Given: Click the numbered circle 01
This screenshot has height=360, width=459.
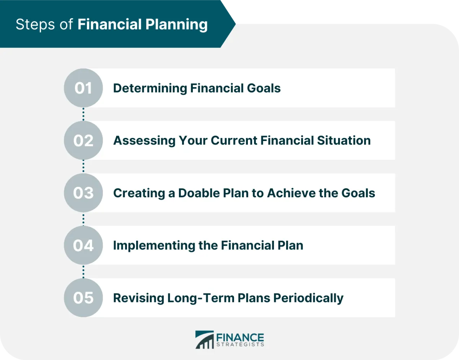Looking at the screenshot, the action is click(x=83, y=88).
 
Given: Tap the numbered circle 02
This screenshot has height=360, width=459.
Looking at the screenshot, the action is click(x=83, y=140).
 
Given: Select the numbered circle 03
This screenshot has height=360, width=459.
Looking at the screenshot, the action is click(x=83, y=193).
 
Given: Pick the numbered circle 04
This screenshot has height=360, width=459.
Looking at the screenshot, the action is click(x=83, y=245).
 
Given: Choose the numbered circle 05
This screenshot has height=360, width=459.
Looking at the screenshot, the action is click(x=83, y=298).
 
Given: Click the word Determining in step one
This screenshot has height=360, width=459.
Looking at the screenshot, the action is click(x=150, y=88).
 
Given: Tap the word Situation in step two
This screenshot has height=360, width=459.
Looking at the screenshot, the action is click(x=343, y=140).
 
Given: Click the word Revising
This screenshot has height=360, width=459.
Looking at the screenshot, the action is click(x=138, y=298).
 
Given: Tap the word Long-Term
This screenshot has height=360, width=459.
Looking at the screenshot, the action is click(x=201, y=298).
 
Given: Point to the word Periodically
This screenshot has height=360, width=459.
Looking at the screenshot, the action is click(x=308, y=298).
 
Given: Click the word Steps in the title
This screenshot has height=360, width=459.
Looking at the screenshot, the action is click(x=36, y=25).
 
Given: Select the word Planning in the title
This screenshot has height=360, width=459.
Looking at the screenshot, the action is click(x=176, y=25).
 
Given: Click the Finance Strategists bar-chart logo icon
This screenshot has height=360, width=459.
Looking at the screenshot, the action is click(x=205, y=339).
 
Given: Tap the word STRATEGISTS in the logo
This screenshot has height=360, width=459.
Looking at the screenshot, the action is click(x=240, y=344).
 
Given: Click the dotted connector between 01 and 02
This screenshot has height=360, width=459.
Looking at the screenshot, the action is click(x=83, y=114).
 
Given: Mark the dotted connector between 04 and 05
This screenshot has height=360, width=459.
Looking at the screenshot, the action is click(x=83, y=272).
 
